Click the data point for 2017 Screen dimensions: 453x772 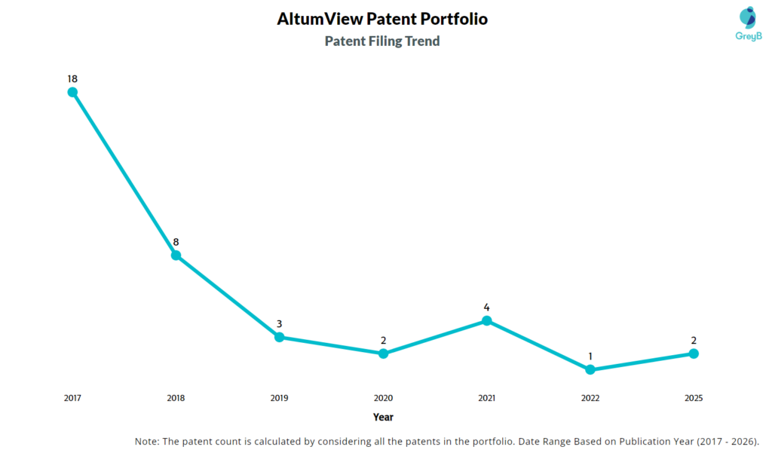coord(72,92)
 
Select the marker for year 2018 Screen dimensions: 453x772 coord(176,255)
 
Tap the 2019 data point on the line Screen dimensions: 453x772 coord(279,337)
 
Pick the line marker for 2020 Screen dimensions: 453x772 coord(383,354)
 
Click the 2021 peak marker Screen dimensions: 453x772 coord(486,320)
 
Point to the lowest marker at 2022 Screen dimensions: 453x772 coord(590,369)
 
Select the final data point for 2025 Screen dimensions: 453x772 coord(694,354)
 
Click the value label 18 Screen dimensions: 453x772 coord(72,78)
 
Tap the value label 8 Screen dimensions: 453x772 coord(176,242)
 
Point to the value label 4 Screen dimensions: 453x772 coord(486,308)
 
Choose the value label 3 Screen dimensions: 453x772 coord(279,324)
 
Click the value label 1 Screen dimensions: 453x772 coord(590,357)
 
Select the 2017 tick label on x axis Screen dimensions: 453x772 coord(72,398)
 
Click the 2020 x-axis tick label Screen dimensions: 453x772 coord(383,398)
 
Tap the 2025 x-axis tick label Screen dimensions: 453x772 coord(694,398)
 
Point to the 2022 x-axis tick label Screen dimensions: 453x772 coord(590,398)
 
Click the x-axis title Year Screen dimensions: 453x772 coord(383,417)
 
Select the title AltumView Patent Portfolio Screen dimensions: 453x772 coord(382,20)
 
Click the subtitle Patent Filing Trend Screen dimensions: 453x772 coord(382,41)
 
